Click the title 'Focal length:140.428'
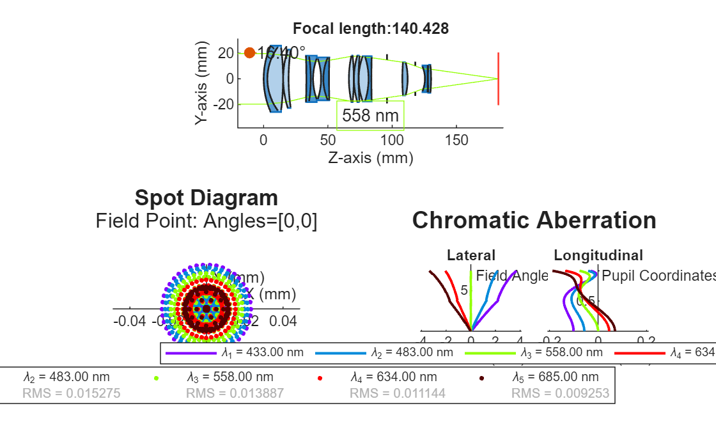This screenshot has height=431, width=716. (370, 29)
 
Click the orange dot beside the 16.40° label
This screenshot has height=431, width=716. (250, 53)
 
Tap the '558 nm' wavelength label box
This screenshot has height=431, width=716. (370, 116)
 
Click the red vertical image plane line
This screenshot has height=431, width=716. (498, 78)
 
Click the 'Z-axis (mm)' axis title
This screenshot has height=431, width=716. (370, 157)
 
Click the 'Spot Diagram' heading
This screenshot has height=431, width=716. (206, 198)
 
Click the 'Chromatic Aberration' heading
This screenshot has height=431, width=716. (534, 220)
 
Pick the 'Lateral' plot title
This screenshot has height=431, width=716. (471, 256)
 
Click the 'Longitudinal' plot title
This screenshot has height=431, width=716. (598, 256)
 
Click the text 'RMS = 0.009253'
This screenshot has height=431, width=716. (560, 393)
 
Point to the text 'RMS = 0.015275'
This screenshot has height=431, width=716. (71, 393)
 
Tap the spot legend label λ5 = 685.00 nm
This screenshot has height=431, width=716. (556, 377)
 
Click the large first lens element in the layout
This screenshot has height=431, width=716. (274, 79)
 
